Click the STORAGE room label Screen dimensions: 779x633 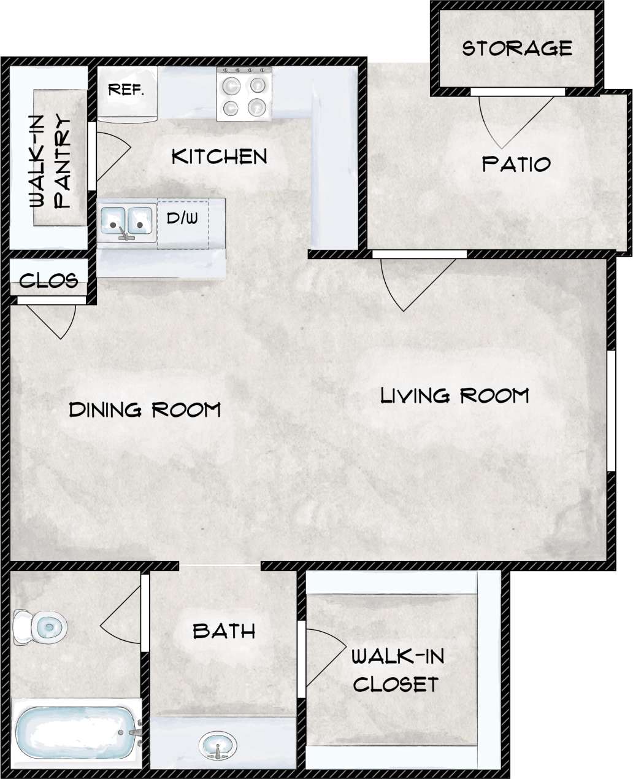pos(516,48)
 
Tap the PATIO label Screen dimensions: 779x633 pos(516,164)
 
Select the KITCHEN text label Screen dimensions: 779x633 pos(219,157)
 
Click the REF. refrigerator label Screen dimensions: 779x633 pos(126,90)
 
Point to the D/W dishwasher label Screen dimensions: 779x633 pos(182,218)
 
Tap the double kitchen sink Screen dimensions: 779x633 pos(126,221)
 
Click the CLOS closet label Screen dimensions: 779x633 pos(48,281)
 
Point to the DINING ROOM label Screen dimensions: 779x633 pos(145,409)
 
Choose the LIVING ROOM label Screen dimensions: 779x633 pos(455,395)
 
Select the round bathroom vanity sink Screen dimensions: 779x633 pos(218,745)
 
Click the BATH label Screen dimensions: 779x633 pos(224,630)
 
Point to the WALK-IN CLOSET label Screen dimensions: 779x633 pos(396,670)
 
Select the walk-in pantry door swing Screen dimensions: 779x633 pos(110,153)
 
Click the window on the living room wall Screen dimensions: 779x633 pos(611,411)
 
